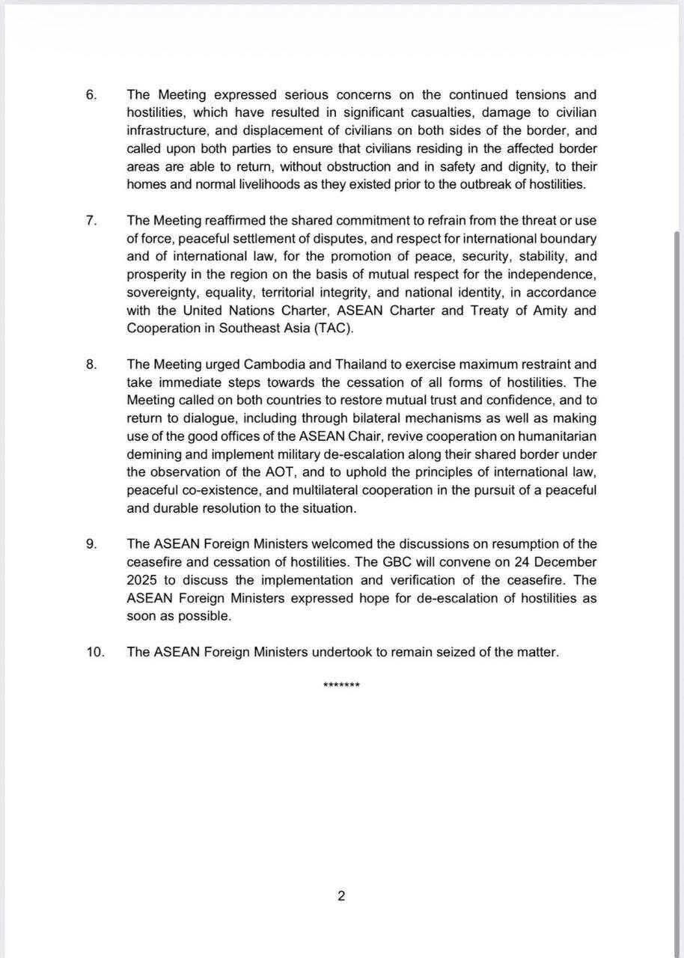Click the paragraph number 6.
[91, 95]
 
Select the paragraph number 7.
[91, 221]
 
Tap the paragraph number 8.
[91, 364]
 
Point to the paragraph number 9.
[91, 544]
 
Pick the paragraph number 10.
[94, 652]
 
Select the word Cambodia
[272, 364]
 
